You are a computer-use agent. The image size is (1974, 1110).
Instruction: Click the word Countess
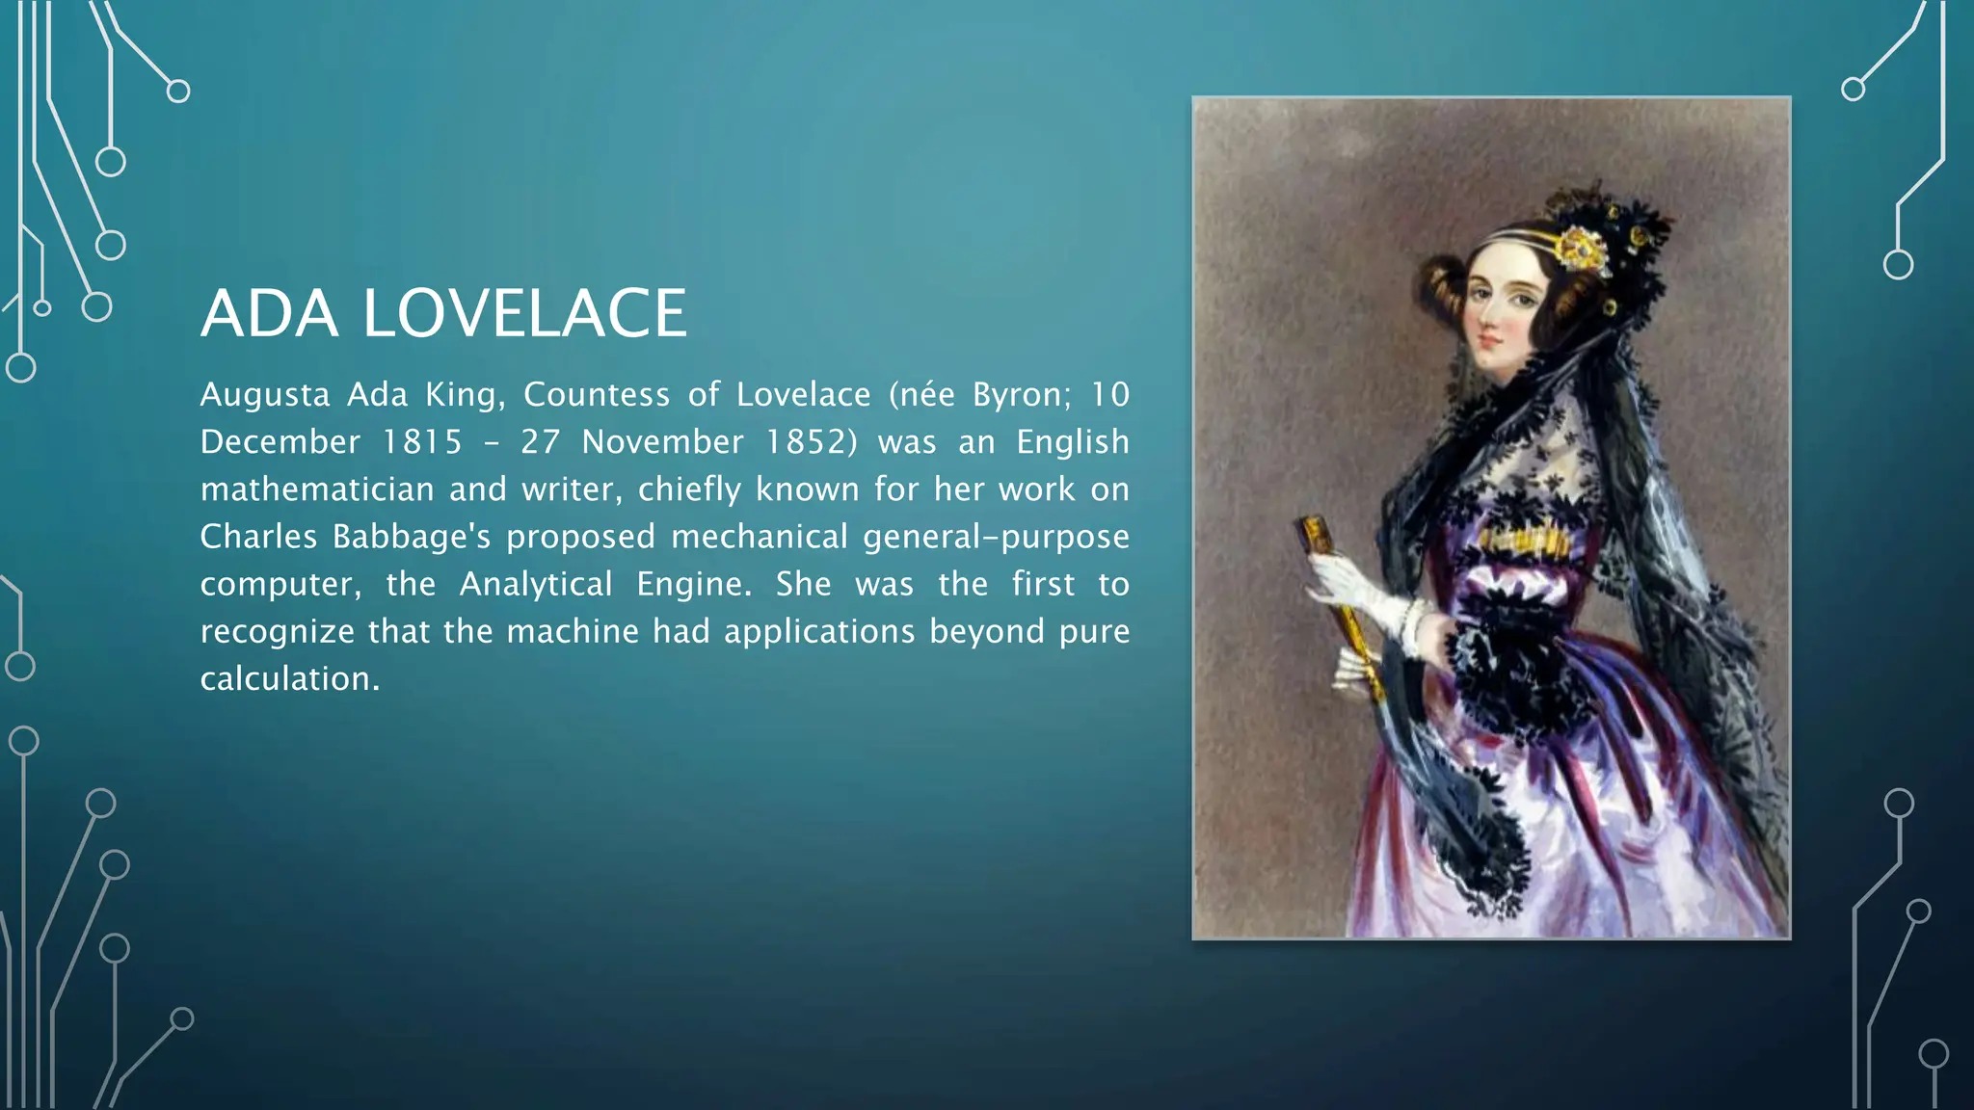(597, 395)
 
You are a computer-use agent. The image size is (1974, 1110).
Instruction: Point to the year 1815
(422, 442)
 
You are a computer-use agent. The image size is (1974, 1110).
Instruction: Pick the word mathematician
(317, 489)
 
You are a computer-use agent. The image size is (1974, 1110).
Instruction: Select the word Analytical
(536, 584)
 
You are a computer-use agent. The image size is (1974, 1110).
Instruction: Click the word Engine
(693, 584)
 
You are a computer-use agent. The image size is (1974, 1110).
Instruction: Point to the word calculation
(289, 678)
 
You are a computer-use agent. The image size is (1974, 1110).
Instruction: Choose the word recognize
(278, 631)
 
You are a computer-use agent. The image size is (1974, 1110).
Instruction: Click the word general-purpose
(996, 537)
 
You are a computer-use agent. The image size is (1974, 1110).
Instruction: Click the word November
(662, 442)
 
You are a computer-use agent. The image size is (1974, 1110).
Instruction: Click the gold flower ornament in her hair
(1582, 249)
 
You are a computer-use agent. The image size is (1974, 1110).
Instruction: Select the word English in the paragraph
(1072, 442)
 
